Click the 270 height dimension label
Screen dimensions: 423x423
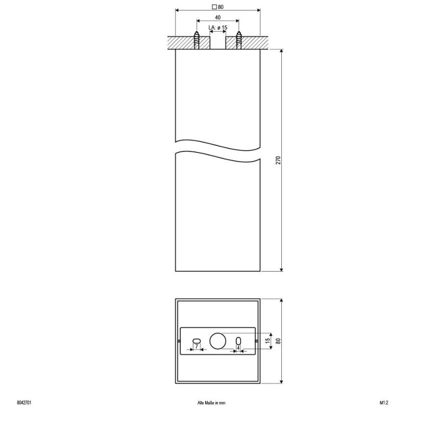(x=279, y=160)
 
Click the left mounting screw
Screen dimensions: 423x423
(x=197, y=40)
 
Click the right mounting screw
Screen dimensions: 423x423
(x=239, y=40)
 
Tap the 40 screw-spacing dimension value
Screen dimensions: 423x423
(x=218, y=17)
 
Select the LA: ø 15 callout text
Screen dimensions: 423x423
(x=218, y=27)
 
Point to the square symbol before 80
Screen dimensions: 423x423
(x=215, y=7)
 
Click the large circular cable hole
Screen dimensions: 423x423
(x=218, y=341)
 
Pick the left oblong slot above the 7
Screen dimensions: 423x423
(x=197, y=341)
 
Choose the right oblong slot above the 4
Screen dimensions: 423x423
(x=238, y=341)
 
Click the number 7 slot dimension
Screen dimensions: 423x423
(x=197, y=346)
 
